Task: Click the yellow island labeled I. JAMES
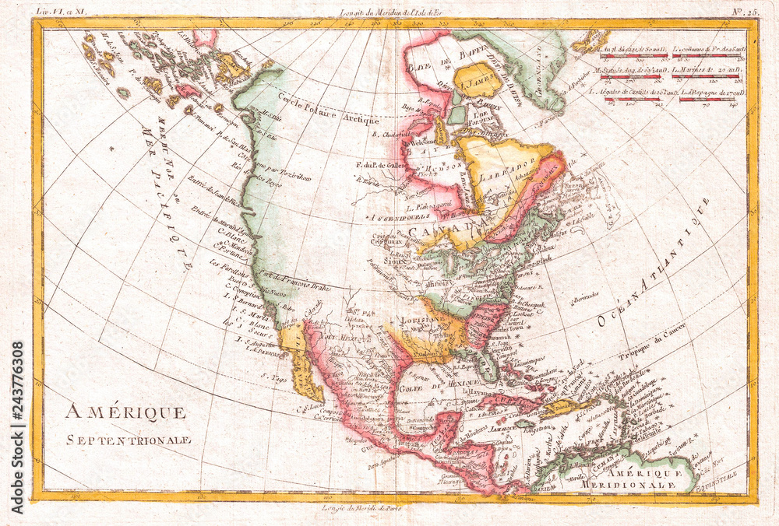478,78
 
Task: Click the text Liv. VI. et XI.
58,11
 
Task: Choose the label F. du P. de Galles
380,164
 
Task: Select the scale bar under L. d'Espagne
707,100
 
